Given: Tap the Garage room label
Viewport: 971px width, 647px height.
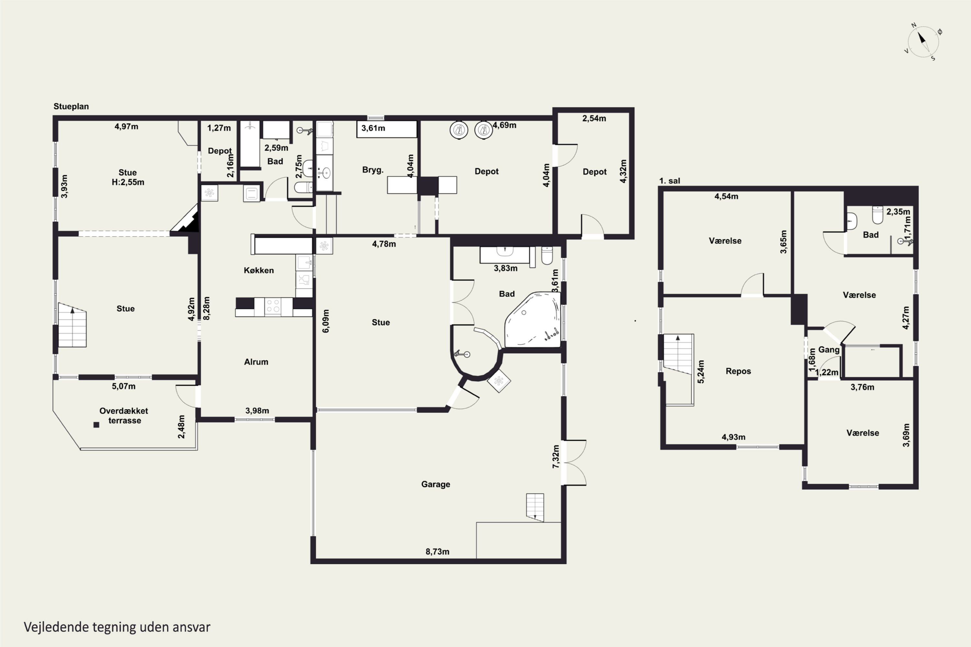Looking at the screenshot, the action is point(436,484).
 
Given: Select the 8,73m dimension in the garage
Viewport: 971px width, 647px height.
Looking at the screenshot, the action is point(438,551).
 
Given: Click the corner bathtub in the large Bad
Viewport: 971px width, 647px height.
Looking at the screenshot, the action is point(532,320).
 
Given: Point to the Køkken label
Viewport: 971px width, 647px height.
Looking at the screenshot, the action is point(259,270).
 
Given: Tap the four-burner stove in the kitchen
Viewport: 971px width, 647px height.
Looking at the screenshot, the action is point(273,307).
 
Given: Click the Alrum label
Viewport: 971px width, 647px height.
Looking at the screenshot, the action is point(256,362).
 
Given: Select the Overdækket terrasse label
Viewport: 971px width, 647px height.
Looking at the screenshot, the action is point(124,415).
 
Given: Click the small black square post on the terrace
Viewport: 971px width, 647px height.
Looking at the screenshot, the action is point(96,424).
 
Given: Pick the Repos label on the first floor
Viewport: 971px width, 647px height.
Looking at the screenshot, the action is point(738,371).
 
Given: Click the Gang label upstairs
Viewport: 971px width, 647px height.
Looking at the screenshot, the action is point(829,349).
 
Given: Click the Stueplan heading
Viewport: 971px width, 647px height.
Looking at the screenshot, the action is point(71,106).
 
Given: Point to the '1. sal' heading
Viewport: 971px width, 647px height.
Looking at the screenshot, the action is point(670,181).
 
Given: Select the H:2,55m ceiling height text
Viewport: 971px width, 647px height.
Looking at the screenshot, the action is point(128,182).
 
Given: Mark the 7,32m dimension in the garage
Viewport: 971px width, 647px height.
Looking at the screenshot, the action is point(556,456).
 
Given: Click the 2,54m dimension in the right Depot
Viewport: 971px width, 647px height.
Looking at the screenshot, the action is point(594,118).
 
